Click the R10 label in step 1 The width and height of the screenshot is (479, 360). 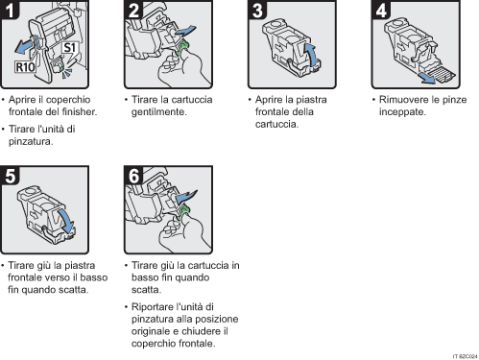27,68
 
